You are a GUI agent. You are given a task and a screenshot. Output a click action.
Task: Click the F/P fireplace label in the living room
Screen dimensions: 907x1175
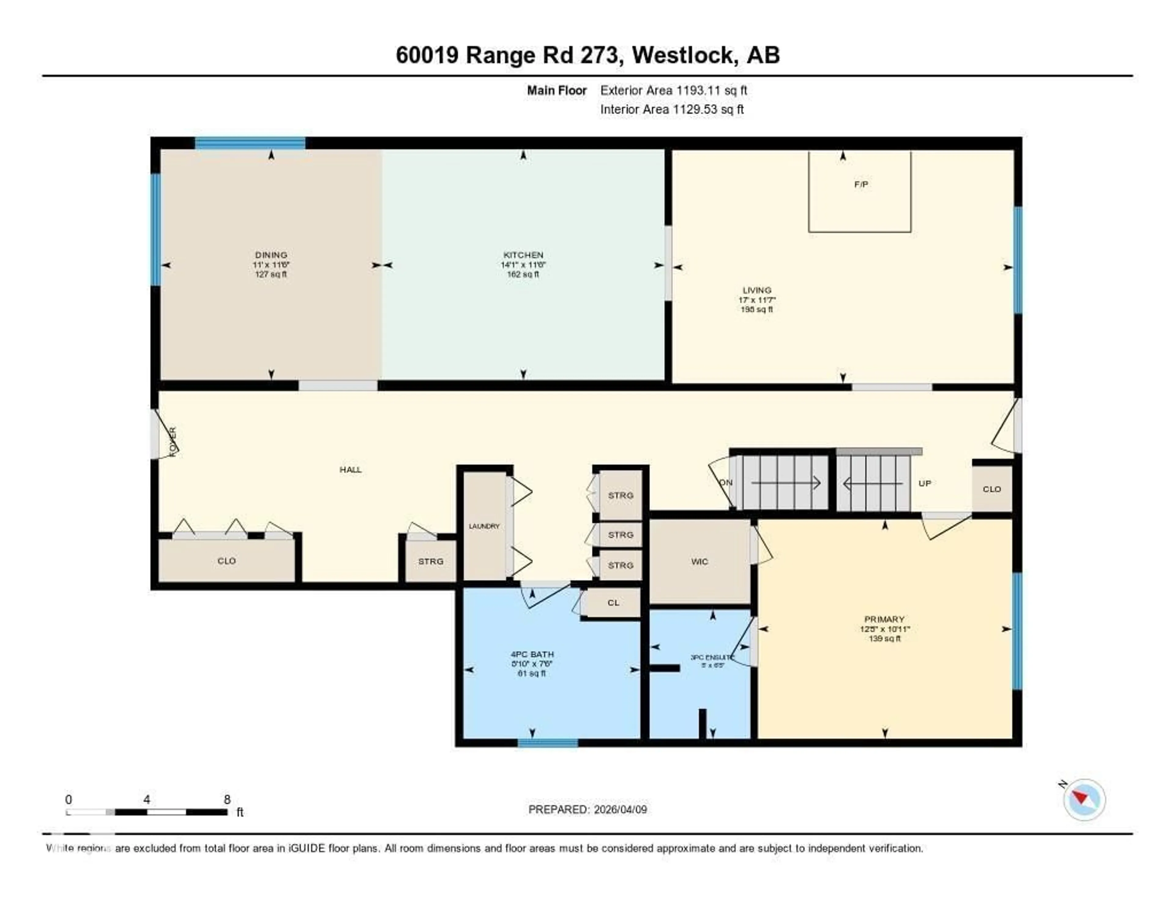pos(861,184)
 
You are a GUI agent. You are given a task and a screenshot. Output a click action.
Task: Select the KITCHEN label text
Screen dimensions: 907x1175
pos(523,255)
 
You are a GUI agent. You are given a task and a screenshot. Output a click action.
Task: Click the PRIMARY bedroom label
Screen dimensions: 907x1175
pos(884,619)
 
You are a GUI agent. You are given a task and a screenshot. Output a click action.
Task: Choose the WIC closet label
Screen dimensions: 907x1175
pos(699,562)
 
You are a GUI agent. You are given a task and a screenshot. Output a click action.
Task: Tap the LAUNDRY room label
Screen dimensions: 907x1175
pos(484,526)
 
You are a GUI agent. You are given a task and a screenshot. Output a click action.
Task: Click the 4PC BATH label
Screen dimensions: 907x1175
pos(532,655)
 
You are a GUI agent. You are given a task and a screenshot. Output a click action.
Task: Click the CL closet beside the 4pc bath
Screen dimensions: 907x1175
pos(613,603)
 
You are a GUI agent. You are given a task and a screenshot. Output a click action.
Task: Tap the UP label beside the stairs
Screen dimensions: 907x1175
pos(924,483)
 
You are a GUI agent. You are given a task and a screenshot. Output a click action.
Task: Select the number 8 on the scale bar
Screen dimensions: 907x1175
pos(227,799)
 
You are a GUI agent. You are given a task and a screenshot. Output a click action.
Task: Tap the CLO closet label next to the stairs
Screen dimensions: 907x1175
pos(991,489)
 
